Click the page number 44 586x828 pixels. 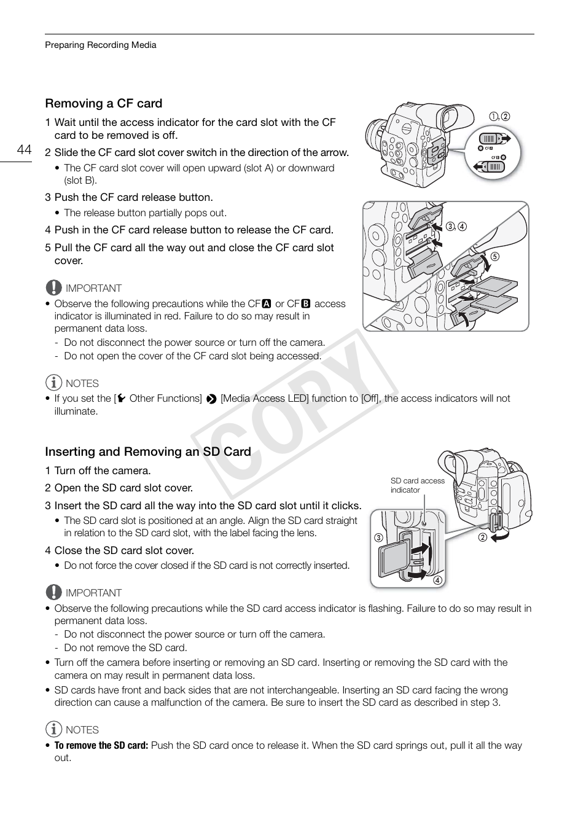point(24,150)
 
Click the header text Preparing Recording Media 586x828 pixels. point(100,45)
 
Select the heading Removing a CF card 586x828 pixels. point(103,103)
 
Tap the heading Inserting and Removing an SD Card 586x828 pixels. point(147,451)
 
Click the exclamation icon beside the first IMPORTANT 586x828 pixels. point(53,287)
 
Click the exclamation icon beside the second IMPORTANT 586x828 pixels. point(53,592)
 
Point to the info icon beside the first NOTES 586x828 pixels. point(53,383)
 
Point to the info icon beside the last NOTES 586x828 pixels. point(53,729)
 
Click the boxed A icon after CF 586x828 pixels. point(266,303)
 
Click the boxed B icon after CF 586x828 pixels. point(305,303)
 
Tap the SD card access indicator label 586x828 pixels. point(417,485)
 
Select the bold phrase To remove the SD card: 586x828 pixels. point(101,745)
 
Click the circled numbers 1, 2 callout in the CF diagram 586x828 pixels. point(499,116)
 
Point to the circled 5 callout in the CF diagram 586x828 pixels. point(494,257)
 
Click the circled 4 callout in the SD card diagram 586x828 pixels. point(437,580)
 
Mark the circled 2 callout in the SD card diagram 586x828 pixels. point(482,537)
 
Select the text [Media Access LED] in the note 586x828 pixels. point(264,398)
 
